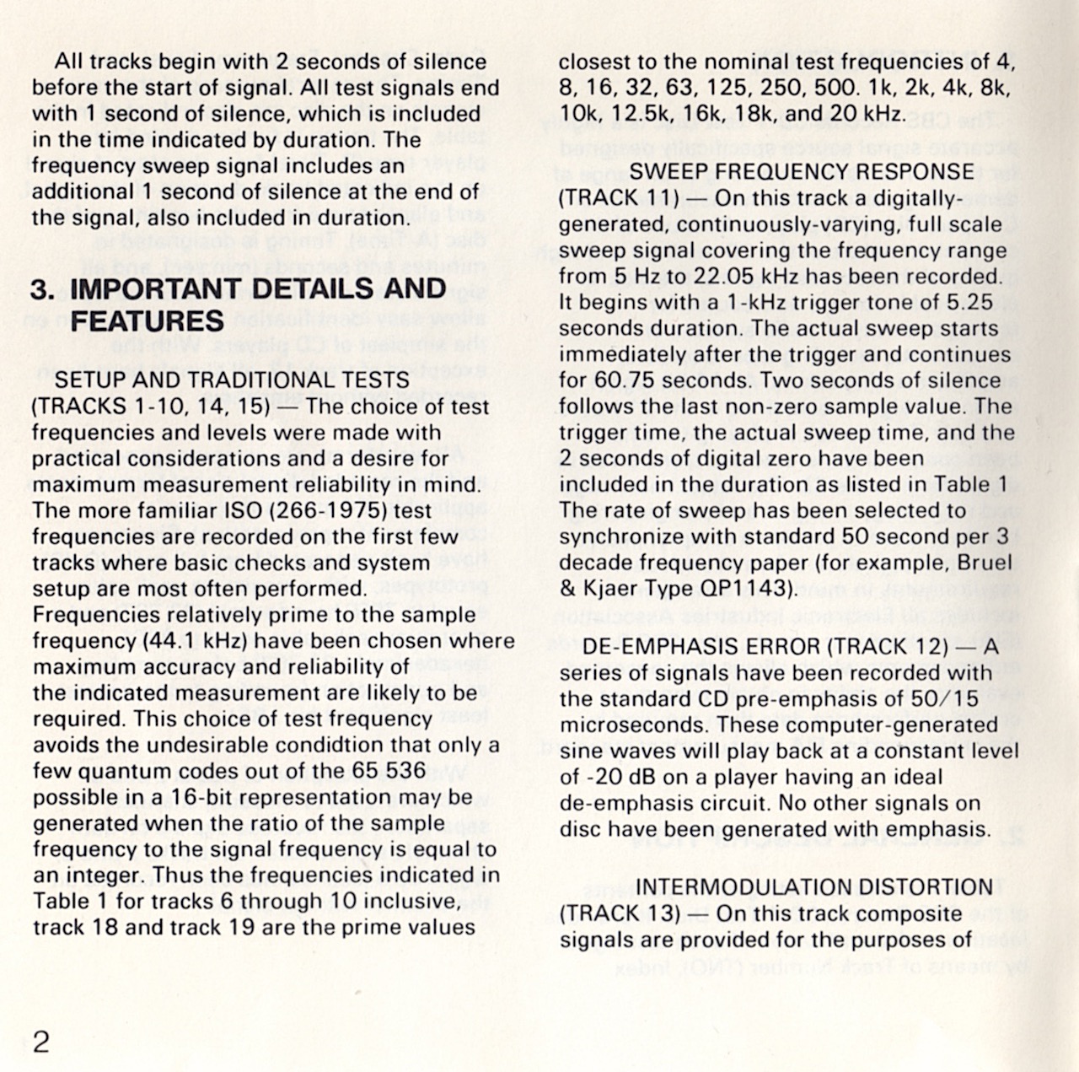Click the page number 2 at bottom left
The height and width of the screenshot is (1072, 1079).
click(x=40, y=1042)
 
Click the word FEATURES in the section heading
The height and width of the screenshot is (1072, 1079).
click(x=148, y=321)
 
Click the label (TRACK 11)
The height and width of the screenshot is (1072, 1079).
click(x=620, y=197)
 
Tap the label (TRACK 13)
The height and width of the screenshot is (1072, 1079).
click(x=620, y=913)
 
